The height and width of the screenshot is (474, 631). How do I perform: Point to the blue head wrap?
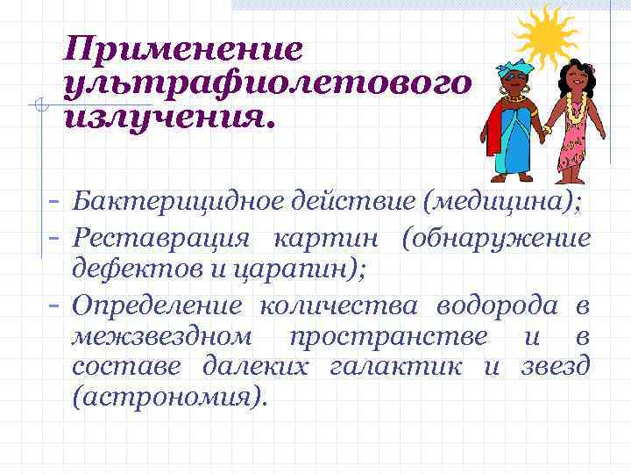coord(514,68)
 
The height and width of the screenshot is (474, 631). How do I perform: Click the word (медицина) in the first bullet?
coord(501,204)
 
